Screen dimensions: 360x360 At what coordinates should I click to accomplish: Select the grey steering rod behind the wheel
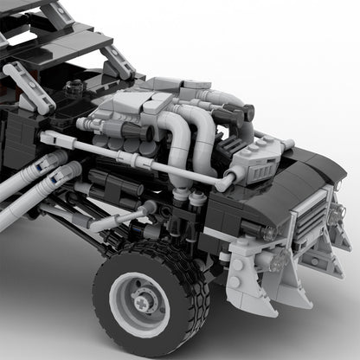pyautogui.click(x=117, y=220)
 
